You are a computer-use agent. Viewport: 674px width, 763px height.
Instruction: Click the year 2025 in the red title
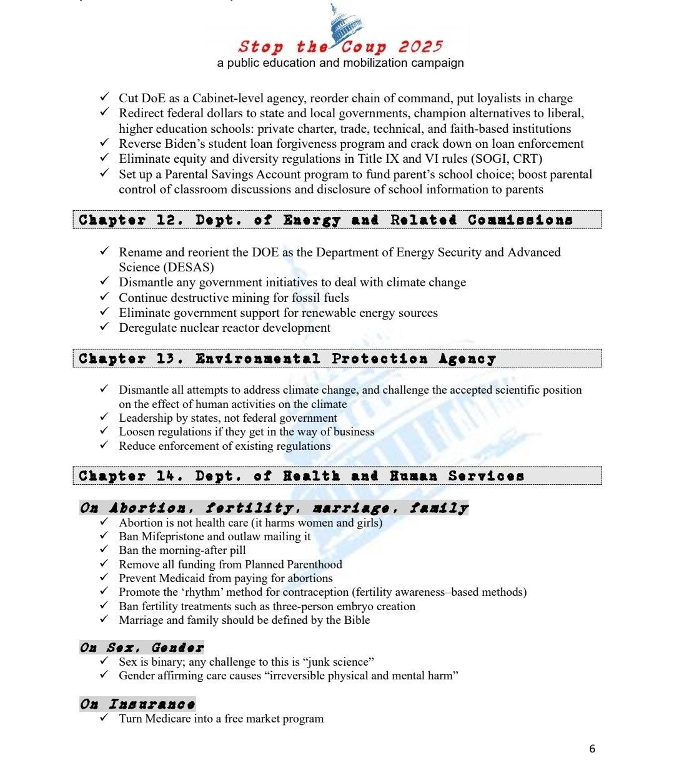pyautogui.click(x=420, y=47)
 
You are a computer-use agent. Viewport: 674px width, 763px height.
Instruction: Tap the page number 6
pyautogui.click(x=592, y=749)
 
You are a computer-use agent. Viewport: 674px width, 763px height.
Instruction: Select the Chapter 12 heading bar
pyautogui.click(x=337, y=220)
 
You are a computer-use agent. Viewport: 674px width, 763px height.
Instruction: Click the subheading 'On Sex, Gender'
pyautogui.click(x=142, y=648)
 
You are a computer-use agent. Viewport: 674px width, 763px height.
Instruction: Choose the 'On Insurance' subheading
pyautogui.click(x=137, y=704)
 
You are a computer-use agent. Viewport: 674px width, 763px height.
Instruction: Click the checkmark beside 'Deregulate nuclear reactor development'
pyautogui.click(x=104, y=327)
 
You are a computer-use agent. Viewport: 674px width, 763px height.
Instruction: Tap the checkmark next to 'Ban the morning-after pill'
pyautogui.click(x=104, y=550)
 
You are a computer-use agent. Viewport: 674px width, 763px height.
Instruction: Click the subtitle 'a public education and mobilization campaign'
pyautogui.click(x=340, y=63)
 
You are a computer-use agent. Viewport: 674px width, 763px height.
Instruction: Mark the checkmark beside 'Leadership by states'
pyautogui.click(x=104, y=417)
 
